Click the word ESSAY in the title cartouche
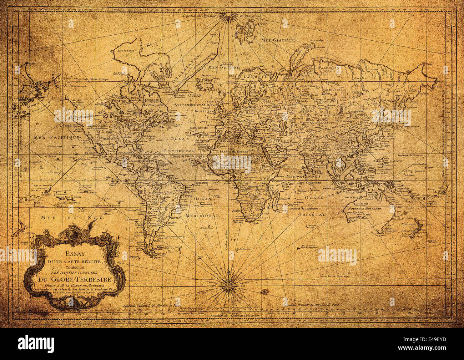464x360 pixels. click(x=75, y=254)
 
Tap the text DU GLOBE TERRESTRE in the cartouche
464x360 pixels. click(x=76, y=280)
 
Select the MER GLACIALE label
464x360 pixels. click(x=277, y=40)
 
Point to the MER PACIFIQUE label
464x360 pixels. click(x=57, y=137)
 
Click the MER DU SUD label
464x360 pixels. click(x=72, y=217)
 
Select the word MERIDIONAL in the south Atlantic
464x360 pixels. click(x=202, y=216)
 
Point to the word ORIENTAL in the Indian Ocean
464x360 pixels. click(x=312, y=215)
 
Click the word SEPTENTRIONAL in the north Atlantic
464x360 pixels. click(x=190, y=105)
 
